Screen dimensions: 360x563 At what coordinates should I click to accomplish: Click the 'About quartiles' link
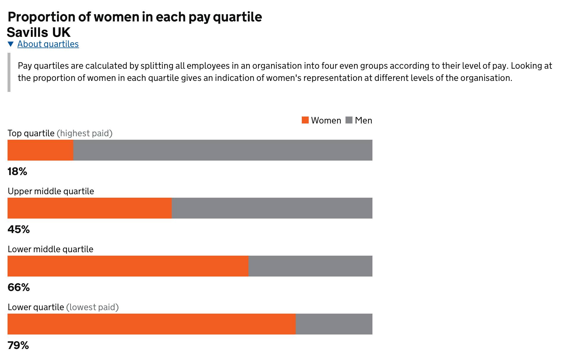tap(48, 44)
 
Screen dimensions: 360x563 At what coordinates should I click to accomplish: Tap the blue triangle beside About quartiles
tap(11, 44)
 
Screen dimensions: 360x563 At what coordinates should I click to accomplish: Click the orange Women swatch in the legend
tap(305, 120)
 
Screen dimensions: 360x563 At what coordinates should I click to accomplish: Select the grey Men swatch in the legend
tap(349, 120)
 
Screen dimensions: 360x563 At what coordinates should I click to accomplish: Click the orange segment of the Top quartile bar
tap(41, 150)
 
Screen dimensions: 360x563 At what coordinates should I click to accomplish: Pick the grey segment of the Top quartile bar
tap(223, 150)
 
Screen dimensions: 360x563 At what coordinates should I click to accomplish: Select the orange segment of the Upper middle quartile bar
tap(90, 208)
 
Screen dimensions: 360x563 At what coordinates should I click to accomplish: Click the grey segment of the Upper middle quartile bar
tap(272, 208)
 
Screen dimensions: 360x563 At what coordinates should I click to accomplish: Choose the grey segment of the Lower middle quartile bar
tap(310, 266)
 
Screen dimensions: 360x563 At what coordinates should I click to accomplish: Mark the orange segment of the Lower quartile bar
tap(152, 324)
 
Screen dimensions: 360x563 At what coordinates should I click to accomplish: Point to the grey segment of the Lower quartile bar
tap(334, 324)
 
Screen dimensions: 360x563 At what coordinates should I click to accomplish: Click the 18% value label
tap(17, 172)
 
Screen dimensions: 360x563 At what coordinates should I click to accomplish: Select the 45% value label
tap(19, 230)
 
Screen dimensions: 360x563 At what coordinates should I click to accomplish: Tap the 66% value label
tap(19, 288)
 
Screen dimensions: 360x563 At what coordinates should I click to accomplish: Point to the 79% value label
tap(18, 346)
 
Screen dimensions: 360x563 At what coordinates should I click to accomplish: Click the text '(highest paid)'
tap(85, 133)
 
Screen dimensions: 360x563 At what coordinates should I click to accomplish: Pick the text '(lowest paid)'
tap(92, 307)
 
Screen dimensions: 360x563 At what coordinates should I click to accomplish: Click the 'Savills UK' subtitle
tap(39, 32)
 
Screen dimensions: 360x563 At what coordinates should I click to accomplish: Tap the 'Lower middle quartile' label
tap(50, 249)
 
